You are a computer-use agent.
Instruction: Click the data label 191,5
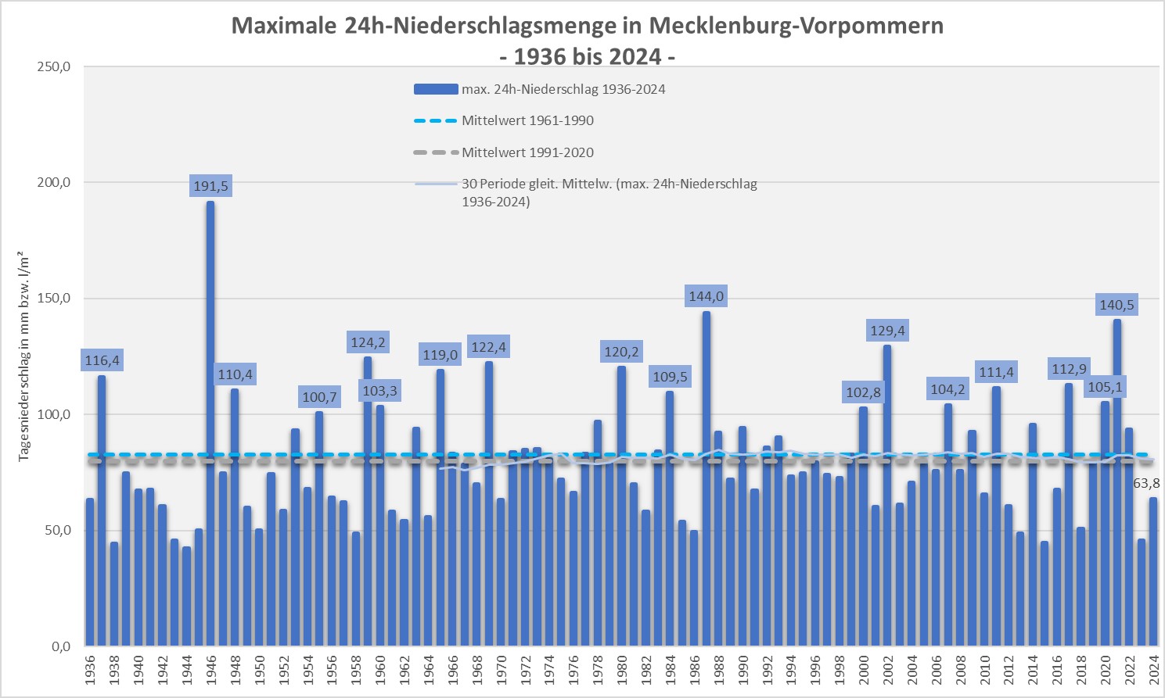click(x=210, y=186)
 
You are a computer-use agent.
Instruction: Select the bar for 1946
click(x=210, y=422)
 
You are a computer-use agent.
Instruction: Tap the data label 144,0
click(x=706, y=296)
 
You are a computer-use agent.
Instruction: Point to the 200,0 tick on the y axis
click(x=54, y=182)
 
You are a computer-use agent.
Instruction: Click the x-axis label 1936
click(x=90, y=670)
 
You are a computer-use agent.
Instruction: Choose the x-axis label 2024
click(x=1153, y=670)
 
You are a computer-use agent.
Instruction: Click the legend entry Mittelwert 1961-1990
click(x=527, y=120)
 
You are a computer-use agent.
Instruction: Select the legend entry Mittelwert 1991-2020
click(x=527, y=152)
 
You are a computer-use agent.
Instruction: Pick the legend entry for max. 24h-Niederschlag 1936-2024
click(x=563, y=89)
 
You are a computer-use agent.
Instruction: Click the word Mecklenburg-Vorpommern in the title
click(x=796, y=26)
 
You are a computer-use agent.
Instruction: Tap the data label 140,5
click(x=1116, y=305)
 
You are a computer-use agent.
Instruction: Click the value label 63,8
click(x=1146, y=483)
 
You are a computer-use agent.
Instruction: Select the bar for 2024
click(x=1153, y=571)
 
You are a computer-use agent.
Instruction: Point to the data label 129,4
click(x=887, y=331)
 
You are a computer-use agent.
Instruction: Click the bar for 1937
click(x=102, y=508)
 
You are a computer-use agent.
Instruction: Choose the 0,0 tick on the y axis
click(x=61, y=646)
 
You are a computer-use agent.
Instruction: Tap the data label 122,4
click(x=489, y=347)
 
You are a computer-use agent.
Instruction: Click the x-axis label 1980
click(x=622, y=670)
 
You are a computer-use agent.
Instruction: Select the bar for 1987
click(x=707, y=477)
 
